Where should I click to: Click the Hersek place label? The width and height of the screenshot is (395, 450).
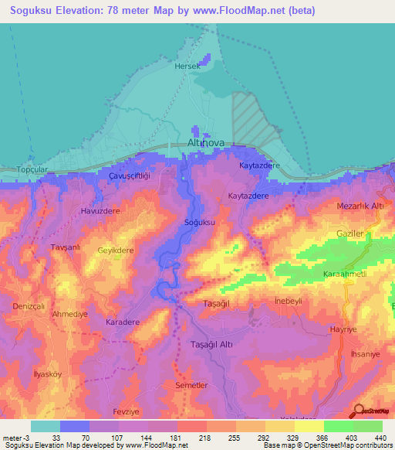(187, 66)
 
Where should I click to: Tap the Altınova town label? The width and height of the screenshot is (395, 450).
(204, 143)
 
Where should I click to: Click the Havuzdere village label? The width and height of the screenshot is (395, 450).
(100, 210)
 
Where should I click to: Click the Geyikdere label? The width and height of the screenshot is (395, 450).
(116, 251)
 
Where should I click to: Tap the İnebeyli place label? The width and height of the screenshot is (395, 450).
(289, 300)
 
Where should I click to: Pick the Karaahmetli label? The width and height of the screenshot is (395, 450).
(343, 275)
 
